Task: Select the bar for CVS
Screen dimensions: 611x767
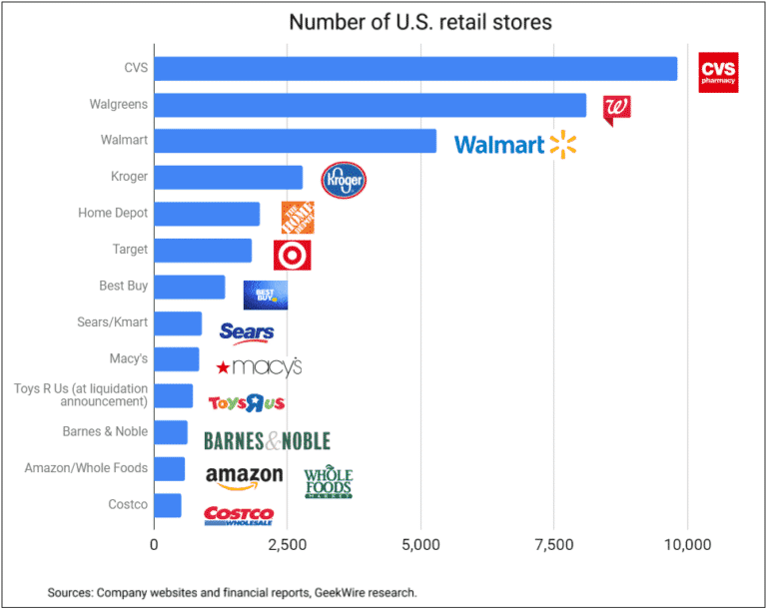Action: (x=415, y=69)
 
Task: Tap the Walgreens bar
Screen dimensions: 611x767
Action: (x=371, y=105)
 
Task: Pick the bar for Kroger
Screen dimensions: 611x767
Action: (x=228, y=178)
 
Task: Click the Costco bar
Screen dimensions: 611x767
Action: (x=168, y=505)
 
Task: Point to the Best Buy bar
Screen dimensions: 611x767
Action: (x=190, y=287)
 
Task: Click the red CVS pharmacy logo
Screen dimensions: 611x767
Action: (x=718, y=72)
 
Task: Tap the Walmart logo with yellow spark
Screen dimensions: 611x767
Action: (x=515, y=145)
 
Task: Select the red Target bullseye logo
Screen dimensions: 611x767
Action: (x=292, y=255)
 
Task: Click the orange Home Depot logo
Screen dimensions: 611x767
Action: (x=298, y=217)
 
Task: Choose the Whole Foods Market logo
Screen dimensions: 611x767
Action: (x=329, y=483)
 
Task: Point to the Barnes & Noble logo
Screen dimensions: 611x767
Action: (x=267, y=440)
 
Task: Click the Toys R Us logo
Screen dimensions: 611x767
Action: (x=247, y=403)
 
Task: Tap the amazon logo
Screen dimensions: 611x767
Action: (x=244, y=477)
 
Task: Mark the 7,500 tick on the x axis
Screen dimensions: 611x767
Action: (x=554, y=546)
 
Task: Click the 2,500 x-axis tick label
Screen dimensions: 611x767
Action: (x=288, y=546)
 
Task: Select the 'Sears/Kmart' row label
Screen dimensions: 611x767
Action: (x=113, y=322)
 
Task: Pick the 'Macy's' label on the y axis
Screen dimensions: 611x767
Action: (x=128, y=358)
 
